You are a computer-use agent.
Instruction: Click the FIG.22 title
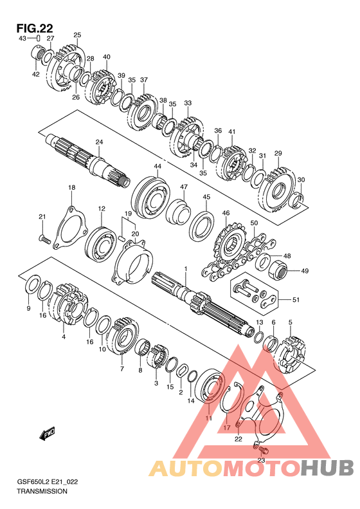35,28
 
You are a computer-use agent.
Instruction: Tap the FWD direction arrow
48,434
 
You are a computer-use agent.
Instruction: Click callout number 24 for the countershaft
99,142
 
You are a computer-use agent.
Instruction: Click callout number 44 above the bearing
157,166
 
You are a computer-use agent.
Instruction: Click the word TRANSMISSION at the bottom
42,491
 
